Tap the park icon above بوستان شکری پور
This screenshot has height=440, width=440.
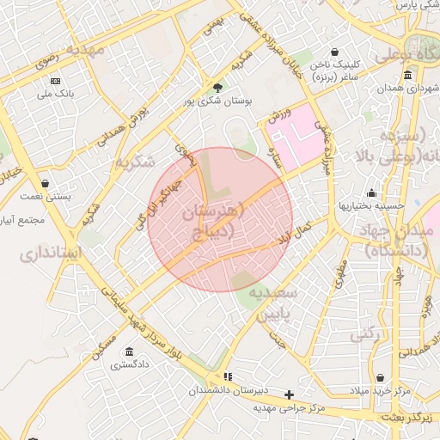[217, 87]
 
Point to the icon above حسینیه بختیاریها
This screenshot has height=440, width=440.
[370, 192]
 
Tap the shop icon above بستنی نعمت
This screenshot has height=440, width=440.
[44, 183]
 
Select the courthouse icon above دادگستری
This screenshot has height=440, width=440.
[128, 352]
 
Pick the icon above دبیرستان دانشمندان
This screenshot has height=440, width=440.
[228, 376]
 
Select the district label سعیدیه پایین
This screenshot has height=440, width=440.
[272, 304]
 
